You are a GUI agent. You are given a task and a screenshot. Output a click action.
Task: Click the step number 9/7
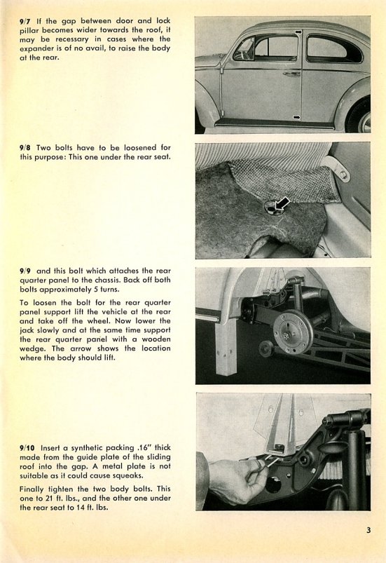pos(25,21)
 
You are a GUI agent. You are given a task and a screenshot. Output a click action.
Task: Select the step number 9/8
pos(25,148)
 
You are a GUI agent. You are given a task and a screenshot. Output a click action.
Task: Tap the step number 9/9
pos(25,271)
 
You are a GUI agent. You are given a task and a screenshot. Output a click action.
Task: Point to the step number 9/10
pos(27,448)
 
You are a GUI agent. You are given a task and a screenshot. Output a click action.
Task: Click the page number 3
pos(368,530)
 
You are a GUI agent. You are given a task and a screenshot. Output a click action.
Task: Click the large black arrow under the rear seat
pos(282,204)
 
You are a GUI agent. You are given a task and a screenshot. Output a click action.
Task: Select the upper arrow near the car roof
pos(298,32)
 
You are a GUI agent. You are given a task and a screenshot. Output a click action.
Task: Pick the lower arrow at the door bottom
pos(296,117)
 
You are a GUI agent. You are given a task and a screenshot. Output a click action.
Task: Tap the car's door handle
pos(291,74)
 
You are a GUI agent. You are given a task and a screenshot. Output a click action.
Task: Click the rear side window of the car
pos(333,49)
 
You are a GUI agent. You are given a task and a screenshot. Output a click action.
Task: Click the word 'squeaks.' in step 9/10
pos(129,476)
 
